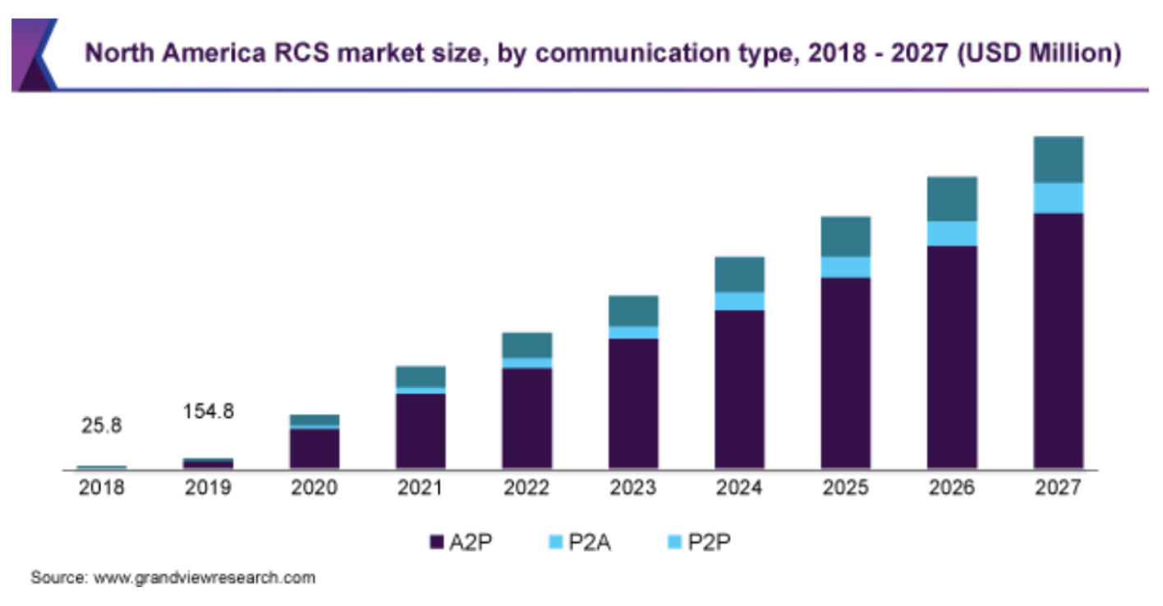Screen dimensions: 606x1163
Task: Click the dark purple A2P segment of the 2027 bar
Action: (1058, 341)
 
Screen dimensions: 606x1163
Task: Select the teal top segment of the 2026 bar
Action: (952, 199)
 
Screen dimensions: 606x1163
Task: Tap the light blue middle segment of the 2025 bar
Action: (845, 267)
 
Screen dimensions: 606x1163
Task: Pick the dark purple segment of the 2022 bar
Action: (526, 418)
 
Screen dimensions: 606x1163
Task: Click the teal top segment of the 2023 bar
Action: (633, 310)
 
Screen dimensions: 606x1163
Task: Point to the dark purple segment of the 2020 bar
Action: (314, 448)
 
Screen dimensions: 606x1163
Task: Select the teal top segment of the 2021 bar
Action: (421, 376)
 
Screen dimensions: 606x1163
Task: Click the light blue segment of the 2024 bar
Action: (739, 301)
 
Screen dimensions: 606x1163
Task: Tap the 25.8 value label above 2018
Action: (102, 425)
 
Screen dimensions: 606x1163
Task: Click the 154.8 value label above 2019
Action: (208, 411)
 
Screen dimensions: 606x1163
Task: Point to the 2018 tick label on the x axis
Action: (102, 488)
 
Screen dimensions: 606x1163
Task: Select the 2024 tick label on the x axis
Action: (739, 488)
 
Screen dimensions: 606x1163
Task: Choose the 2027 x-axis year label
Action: (1058, 488)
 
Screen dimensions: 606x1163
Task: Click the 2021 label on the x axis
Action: (421, 488)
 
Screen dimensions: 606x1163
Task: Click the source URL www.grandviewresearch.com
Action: (205, 577)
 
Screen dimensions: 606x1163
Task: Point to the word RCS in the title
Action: (306, 53)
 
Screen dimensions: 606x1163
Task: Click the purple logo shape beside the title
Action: (33, 54)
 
